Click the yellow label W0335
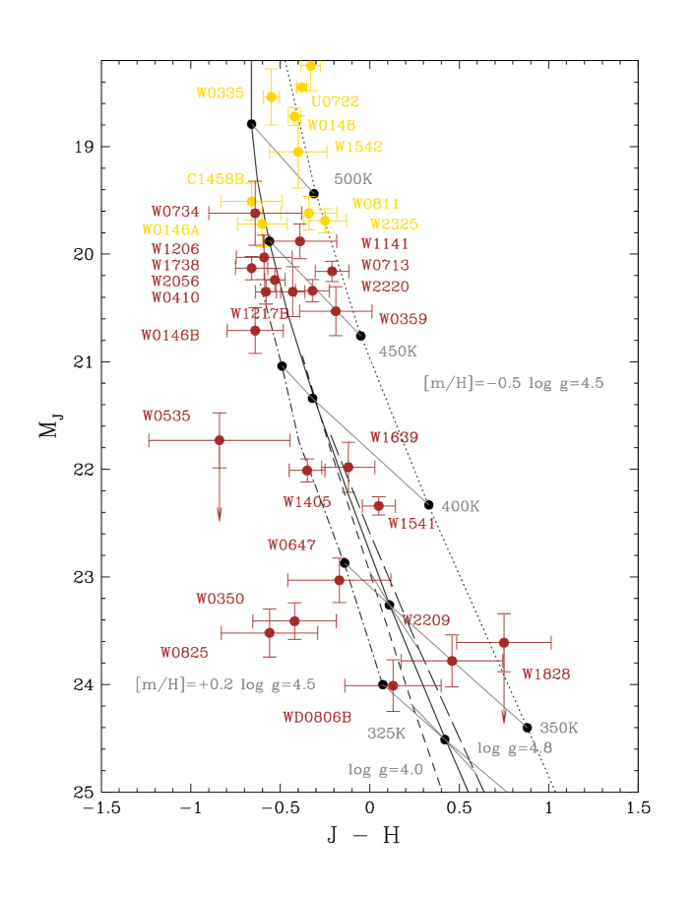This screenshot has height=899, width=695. (220, 94)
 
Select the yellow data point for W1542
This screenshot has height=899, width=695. (298, 152)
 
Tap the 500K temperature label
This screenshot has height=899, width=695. (352, 179)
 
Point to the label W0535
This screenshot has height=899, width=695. (166, 417)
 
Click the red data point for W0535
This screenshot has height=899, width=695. (220, 440)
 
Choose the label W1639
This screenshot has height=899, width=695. (394, 437)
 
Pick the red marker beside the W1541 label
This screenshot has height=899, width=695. (378, 505)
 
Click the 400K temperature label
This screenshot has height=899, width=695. (460, 506)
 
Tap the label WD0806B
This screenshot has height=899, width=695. (317, 718)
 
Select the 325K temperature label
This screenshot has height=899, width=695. (386, 734)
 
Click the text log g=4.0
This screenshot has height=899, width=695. (385, 770)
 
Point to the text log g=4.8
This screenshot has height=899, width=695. (515, 748)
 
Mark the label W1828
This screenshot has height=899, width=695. (545, 674)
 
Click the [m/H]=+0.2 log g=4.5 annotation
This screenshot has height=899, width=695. (225, 684)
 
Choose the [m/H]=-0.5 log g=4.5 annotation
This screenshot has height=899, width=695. (513, 384)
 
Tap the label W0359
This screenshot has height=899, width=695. (403, 319)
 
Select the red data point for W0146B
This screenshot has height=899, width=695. (255, 331)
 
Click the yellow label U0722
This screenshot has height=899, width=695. (336, 101)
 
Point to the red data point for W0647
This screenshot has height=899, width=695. (339, 580)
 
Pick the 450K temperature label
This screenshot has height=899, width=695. (398, 352)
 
